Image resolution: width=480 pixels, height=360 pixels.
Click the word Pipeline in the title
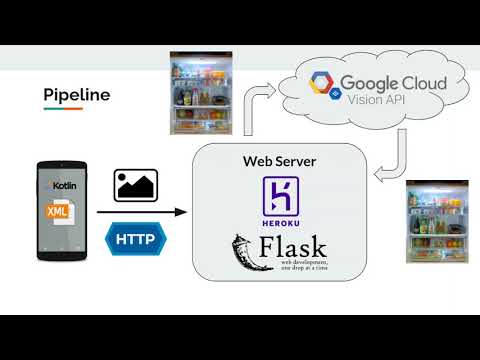(x=76, y=95)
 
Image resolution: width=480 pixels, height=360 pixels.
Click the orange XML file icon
(x=59, y=214)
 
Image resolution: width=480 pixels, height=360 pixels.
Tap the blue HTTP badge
(x=136, y=239)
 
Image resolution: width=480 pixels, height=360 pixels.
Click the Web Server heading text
(x=275, y=161)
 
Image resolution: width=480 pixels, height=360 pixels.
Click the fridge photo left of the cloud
(x=203, y=96)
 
